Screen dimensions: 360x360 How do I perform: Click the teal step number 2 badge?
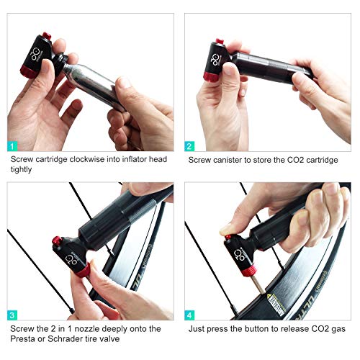pyautogui.click(x=190, y=146)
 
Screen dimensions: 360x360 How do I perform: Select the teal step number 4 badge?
pyautogui.click(x=190, y=314)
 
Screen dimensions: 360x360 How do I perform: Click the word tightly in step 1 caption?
pyautogui.click(x=23, y=171)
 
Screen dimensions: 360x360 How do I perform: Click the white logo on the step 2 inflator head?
pyautogui.click(x=215, y=55)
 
